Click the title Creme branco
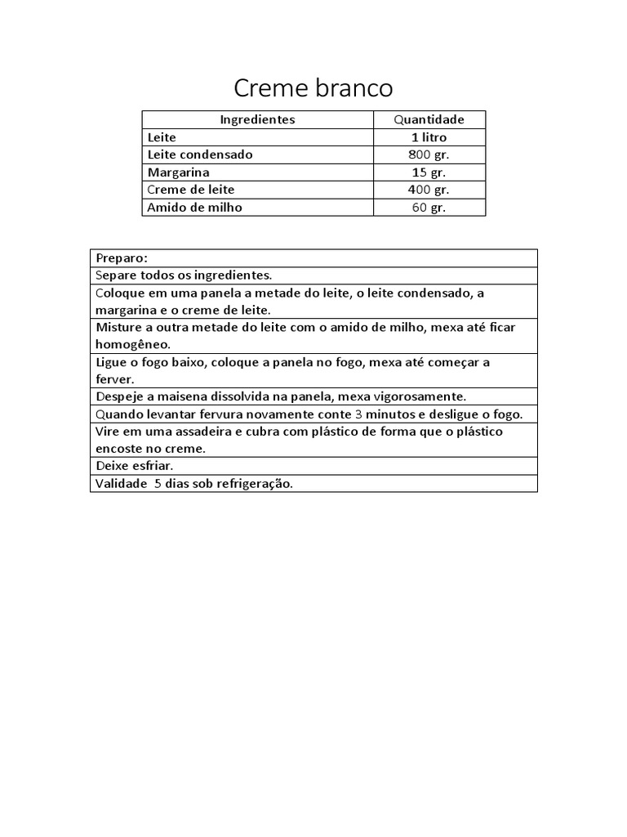pos(313,87)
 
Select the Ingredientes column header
pos(257,119)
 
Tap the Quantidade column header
pos(429,119)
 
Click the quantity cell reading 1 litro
pos(429,137)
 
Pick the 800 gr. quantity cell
pos(429,154)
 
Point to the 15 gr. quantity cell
pos(429,172)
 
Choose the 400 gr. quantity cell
pos(429,190)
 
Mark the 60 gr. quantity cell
pos(429,208)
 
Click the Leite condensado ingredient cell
pos(200,154)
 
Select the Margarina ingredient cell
pos(178,172)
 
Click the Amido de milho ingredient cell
pos(194,208)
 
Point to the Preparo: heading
pos(122,257)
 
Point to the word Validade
pos(121,483)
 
